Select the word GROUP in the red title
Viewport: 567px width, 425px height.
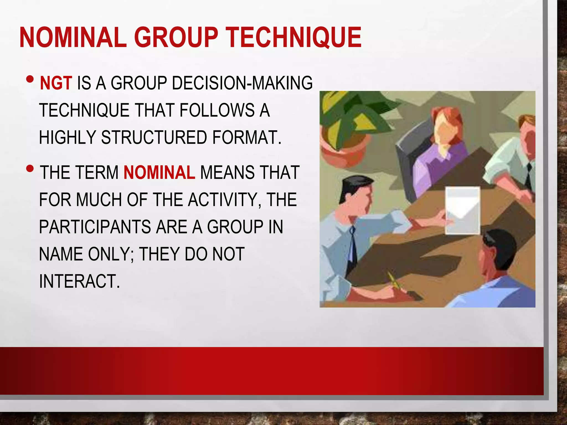tap(176, 37)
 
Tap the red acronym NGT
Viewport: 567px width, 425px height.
tap(56, 83)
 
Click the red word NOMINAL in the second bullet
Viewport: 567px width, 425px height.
tap(159, 172)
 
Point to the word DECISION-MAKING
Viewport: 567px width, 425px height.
tap(242, 83)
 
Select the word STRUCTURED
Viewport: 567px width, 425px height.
tap(154, 138)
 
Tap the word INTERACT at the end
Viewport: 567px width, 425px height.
tap(79, 281)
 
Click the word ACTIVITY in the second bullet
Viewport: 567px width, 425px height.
tap(225, 199)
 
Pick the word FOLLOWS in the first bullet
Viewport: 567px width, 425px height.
tap(217, 110)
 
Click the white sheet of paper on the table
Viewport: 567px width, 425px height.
tap(462, 210)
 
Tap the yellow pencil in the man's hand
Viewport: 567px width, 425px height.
tap(395, 281)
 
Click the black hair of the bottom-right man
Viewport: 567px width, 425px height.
tap(501, 243)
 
